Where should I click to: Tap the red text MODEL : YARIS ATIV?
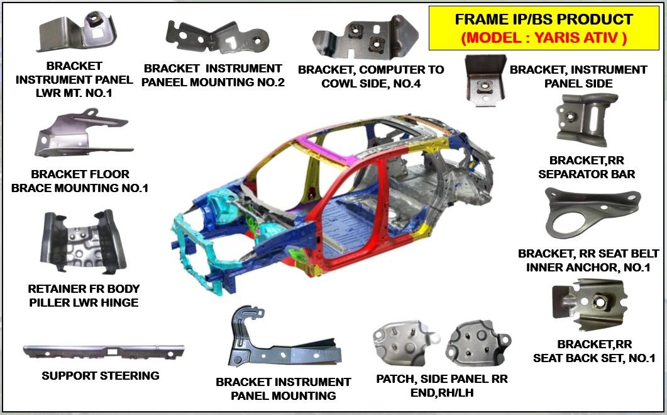coord(544,38)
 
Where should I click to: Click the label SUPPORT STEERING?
coord(101,376)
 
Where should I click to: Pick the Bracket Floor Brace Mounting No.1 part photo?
coord(82,135)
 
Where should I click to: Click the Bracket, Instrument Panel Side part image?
coord(485,80)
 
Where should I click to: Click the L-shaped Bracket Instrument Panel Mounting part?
coord(270,343)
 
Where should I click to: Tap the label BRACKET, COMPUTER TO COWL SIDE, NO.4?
coord(371,76)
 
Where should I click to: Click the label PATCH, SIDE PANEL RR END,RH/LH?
coord(442,385)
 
